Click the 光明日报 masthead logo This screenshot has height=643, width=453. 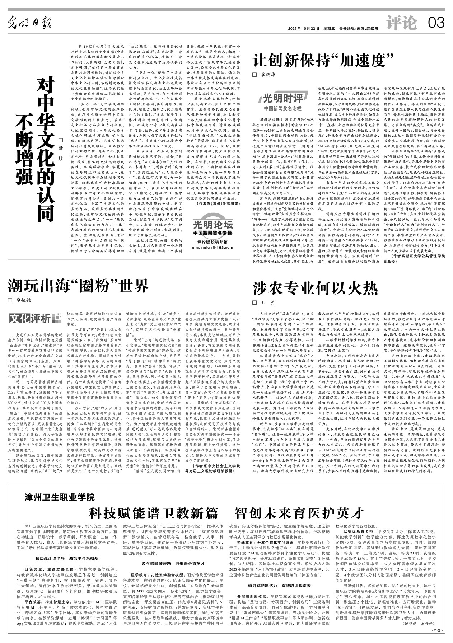tap(30, 23)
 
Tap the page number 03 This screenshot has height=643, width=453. tap(436, 23)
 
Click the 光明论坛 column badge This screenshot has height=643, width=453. tap(213, 226)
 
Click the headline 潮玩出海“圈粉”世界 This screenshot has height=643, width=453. tap(78, 286)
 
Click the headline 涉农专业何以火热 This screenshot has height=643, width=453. tap(316, 288)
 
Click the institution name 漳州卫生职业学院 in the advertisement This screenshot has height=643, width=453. tap(60, 497)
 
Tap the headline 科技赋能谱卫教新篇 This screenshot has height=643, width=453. tap(153, 513)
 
